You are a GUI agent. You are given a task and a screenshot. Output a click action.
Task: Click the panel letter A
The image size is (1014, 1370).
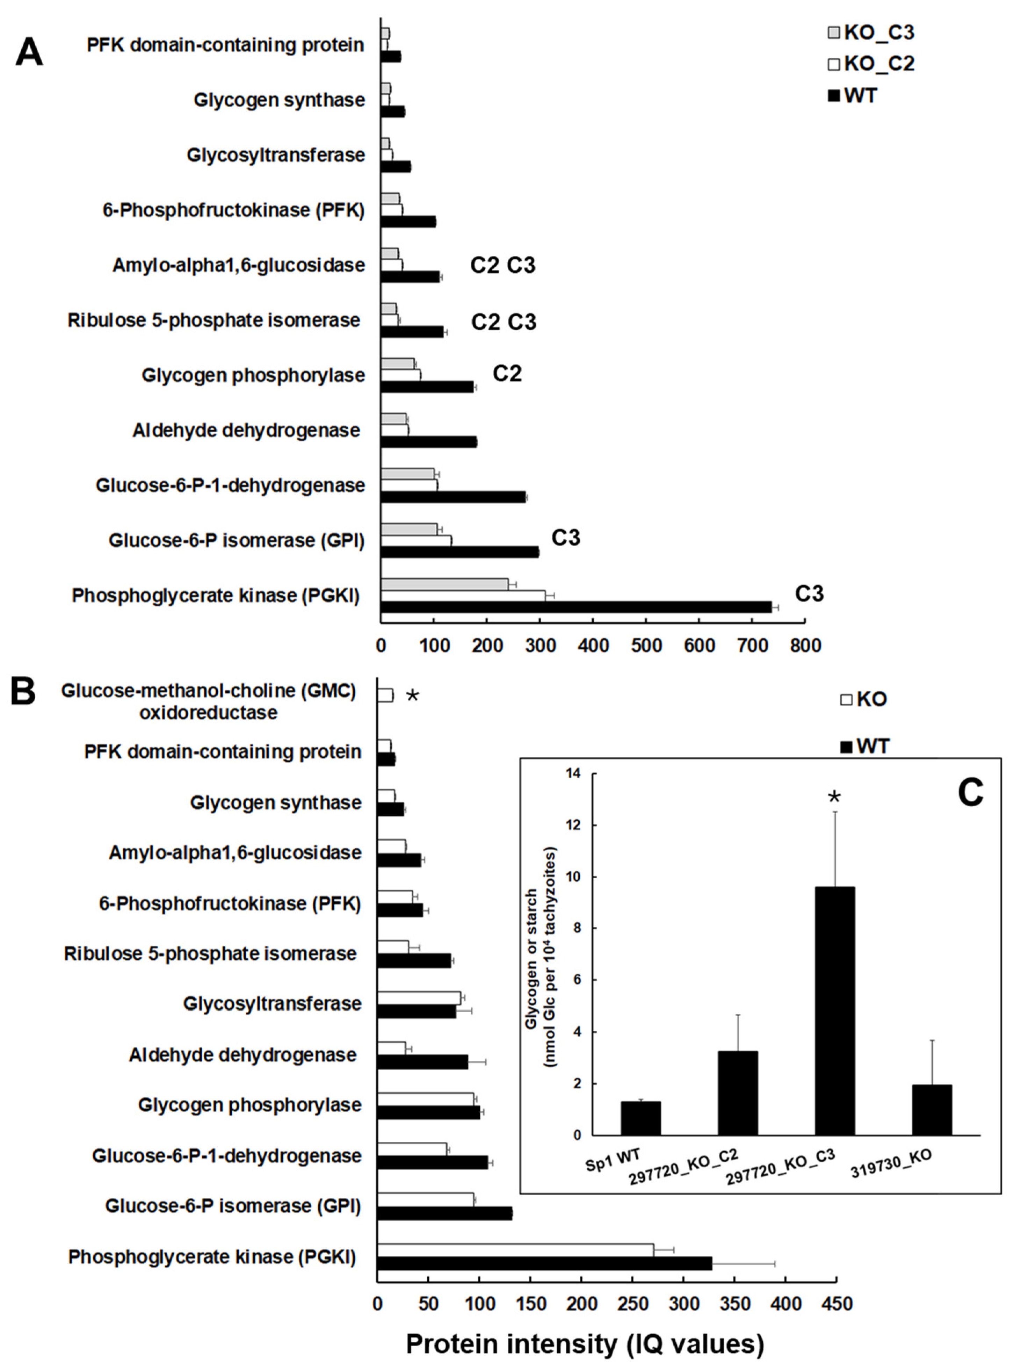[29, 52]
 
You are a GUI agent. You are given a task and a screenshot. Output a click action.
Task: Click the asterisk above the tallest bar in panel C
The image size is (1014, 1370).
[834, 798]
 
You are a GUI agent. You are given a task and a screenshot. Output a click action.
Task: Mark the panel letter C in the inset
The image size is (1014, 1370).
[970, 793]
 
